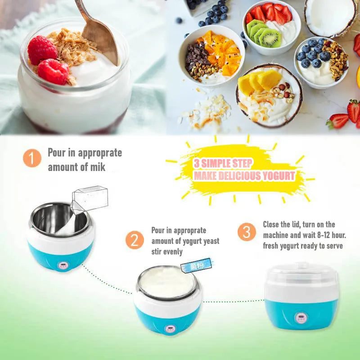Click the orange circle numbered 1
[x=32, y=158]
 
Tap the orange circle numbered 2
[x=135, y=240]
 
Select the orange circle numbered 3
[x=247, y=232]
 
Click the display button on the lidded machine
[x=301, y=318]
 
